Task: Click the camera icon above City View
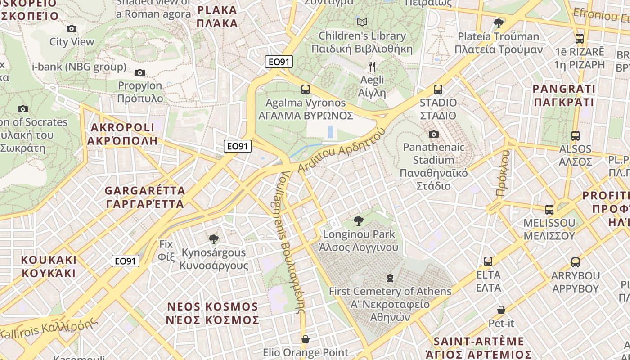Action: [x=71, y=29]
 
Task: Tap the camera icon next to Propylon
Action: [x=140, y=72]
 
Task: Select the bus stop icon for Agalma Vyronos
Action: [x=306, y=89]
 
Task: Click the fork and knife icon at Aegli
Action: [x=372, y=67]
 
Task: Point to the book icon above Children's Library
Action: [x=362, y=22]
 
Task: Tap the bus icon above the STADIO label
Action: [x=438, y=89]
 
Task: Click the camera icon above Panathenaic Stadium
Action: [x=434, y=134]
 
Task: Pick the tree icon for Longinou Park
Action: [x=359, y=220]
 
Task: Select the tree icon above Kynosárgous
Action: [x=214, y=239]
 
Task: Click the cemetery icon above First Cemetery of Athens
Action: [x=390, y=278]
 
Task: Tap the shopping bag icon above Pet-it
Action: [x=501, y=310]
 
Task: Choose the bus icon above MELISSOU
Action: [x=549, y=209]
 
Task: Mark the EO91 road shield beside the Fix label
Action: [x=126, y=261]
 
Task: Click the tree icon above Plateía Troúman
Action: [x=498, y=23]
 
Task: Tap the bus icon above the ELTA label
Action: [x=488, y=261]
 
